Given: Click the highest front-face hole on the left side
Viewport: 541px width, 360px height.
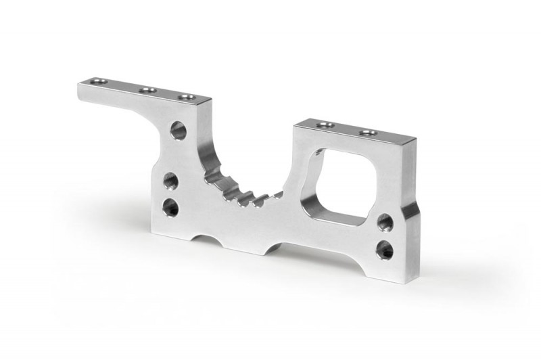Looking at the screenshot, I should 179,129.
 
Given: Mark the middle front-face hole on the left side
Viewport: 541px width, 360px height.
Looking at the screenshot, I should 170,181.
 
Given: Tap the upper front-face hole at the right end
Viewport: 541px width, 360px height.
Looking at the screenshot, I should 385,222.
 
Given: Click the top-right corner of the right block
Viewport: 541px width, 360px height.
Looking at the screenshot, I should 415,139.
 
